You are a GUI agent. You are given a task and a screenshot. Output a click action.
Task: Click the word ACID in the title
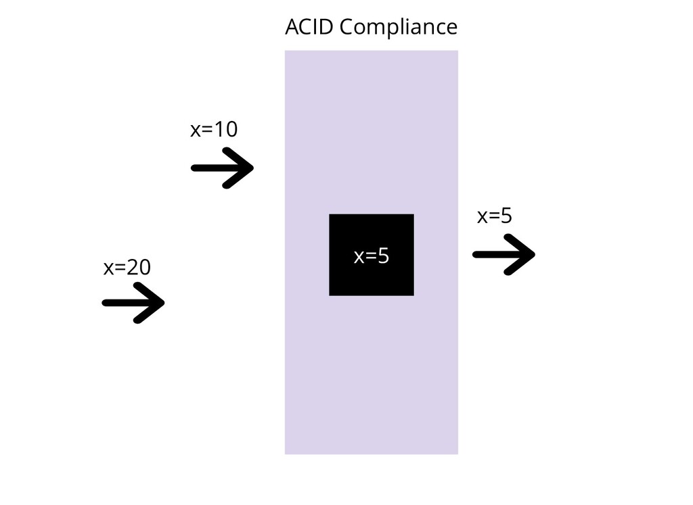309,28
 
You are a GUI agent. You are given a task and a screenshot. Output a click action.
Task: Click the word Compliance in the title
399,28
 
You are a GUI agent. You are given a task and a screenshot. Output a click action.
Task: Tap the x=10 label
214,129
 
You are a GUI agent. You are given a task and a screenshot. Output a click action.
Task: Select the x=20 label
127,268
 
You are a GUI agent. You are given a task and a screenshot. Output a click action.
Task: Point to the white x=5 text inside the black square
372,256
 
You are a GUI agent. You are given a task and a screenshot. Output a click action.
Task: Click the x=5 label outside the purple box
495,216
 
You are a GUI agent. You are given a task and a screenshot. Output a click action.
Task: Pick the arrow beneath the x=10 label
222,168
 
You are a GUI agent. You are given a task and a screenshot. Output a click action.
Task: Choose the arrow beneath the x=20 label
133,303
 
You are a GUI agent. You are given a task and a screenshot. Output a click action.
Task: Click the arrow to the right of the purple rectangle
504,254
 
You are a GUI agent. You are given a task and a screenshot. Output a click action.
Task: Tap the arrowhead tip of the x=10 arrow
252,168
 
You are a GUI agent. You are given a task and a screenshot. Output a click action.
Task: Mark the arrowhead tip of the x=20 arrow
162,303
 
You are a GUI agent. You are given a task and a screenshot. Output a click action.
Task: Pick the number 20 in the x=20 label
139,268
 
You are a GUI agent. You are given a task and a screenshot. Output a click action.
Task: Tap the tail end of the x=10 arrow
194,168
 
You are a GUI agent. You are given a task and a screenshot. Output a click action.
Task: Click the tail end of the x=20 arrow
105,303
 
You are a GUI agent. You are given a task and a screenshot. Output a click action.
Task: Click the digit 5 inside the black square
383,256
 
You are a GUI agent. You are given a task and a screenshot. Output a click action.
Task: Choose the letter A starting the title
292,28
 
